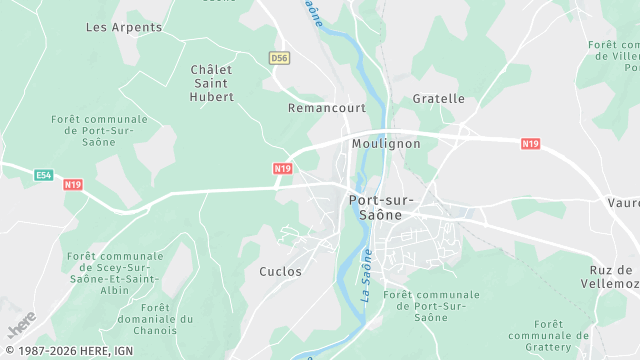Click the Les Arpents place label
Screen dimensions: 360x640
pyautogui.click(x=110, y=26)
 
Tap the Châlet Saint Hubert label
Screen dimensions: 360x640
pyautogui.click(x=212, y=83)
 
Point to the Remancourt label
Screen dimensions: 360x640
pyautogui.click(x=326, y=107)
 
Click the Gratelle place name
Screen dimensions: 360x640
pyautogui.click(x=439, y=99)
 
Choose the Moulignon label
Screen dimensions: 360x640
pyautogui.click(x=386, y=144)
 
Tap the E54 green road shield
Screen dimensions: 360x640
pyautogui.click(x=43, y=175)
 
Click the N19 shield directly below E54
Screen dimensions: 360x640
pyautogui.click(x=72, y=185)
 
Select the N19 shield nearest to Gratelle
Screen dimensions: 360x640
pyautogui.click(x=530, y=144)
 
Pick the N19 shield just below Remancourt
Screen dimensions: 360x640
pyautogui.click(x=283, y=168)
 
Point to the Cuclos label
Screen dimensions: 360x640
pyautogui.click(x=280, y=271)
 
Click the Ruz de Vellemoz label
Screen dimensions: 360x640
pyautogui.click(x=610, y=277)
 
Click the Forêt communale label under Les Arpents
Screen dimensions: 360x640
pyautogui.click(x=99, y=130)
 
